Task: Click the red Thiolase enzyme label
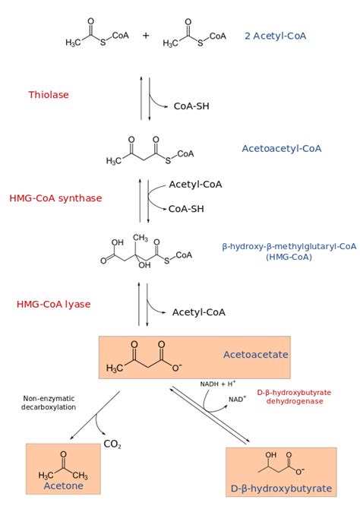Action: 49,95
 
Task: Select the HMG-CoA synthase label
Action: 55,198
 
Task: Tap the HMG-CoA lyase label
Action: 54,304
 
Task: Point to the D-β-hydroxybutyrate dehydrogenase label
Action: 294,397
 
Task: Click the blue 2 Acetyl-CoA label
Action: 275,36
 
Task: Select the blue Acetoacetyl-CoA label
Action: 282,149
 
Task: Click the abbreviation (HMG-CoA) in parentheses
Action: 289,257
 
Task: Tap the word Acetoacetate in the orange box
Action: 256,354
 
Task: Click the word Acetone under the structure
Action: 64,485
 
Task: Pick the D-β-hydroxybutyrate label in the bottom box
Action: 281,488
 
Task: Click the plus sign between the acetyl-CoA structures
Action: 146,36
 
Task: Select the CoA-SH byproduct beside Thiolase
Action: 191,106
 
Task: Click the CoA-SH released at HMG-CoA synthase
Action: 186,209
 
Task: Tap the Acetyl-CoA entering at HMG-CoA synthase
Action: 195,185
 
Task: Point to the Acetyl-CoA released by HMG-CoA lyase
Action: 199,312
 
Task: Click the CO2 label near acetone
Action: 112,444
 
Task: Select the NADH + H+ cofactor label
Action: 218,384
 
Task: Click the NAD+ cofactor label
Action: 237,399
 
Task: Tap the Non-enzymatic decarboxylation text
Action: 49,403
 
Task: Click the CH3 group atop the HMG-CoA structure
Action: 141,238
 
